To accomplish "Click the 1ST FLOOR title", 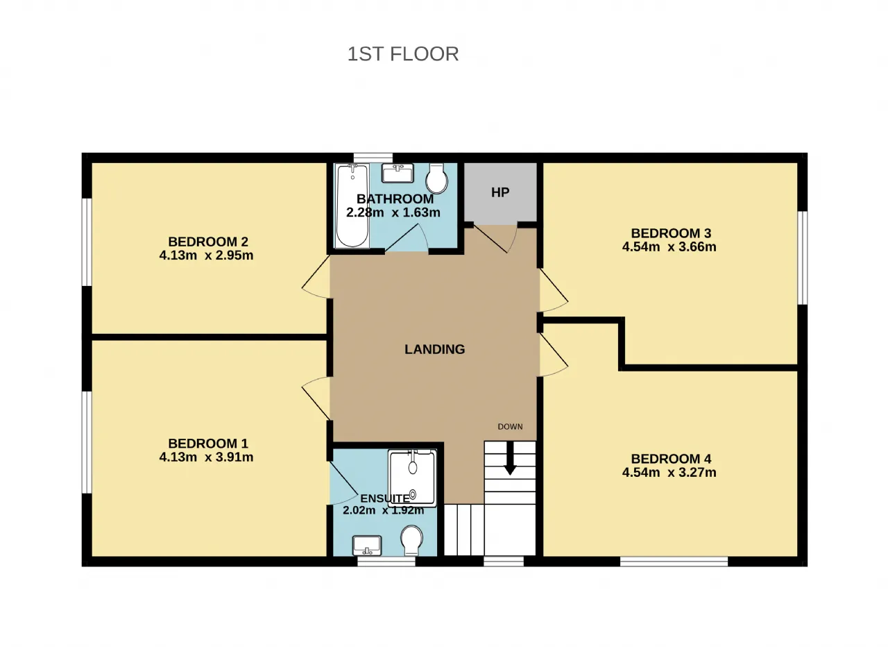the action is point(403,54).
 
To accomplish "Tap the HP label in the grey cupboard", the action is point(500,192).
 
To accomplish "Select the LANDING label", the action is point(434,349).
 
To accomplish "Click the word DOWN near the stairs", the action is point(510,426).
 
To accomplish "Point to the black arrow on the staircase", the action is point(510,457).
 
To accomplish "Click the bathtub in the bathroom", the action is point(352,206).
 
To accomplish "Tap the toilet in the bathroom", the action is point(436,178).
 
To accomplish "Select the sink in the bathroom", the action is point(398,173).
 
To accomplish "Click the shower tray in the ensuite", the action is point(412,478).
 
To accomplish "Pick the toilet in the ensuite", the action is point(411,540).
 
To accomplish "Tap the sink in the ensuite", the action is point(367,546).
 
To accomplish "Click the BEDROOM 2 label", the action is point(208,242).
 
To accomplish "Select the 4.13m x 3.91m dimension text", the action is point(206,457).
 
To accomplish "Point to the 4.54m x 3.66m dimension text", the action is point(669,246).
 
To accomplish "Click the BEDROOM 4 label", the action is point(671,459).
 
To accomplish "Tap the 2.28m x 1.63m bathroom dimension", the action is point(393,212).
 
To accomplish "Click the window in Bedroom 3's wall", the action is point(803,258).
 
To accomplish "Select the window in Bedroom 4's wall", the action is point(674,562).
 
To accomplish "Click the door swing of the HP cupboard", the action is point(496,238).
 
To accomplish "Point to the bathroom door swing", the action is point(407,237).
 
